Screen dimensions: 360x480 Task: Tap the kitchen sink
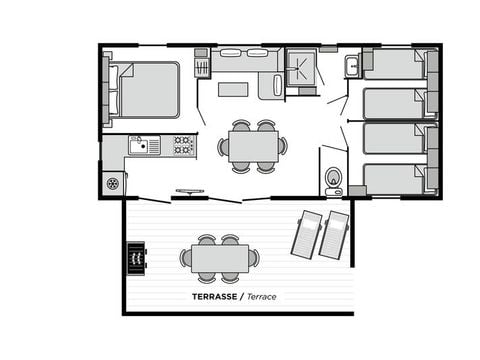click(144, 146)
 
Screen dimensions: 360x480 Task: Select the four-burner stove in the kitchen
click(183, 146)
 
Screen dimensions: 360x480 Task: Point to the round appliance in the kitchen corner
click(113, 183)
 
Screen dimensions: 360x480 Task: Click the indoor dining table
click(253, 147)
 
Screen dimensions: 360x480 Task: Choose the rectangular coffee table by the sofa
click(233, 89)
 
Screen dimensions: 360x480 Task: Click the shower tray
click(300, 68)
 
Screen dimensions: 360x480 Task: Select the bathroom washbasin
click(353, 67)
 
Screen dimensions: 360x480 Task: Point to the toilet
click(334, 179)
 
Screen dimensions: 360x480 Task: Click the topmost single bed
click(393, 65)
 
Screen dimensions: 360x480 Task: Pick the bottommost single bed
click(393, 178)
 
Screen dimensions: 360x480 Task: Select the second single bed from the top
click(393, 102)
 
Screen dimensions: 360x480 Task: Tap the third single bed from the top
click(393, 139)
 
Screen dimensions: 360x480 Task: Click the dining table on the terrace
click(219, 258)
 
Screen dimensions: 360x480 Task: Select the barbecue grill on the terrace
click(136, 258)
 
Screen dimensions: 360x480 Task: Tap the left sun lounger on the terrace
click(306, 232)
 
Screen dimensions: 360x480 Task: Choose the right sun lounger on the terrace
click(334, 233)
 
